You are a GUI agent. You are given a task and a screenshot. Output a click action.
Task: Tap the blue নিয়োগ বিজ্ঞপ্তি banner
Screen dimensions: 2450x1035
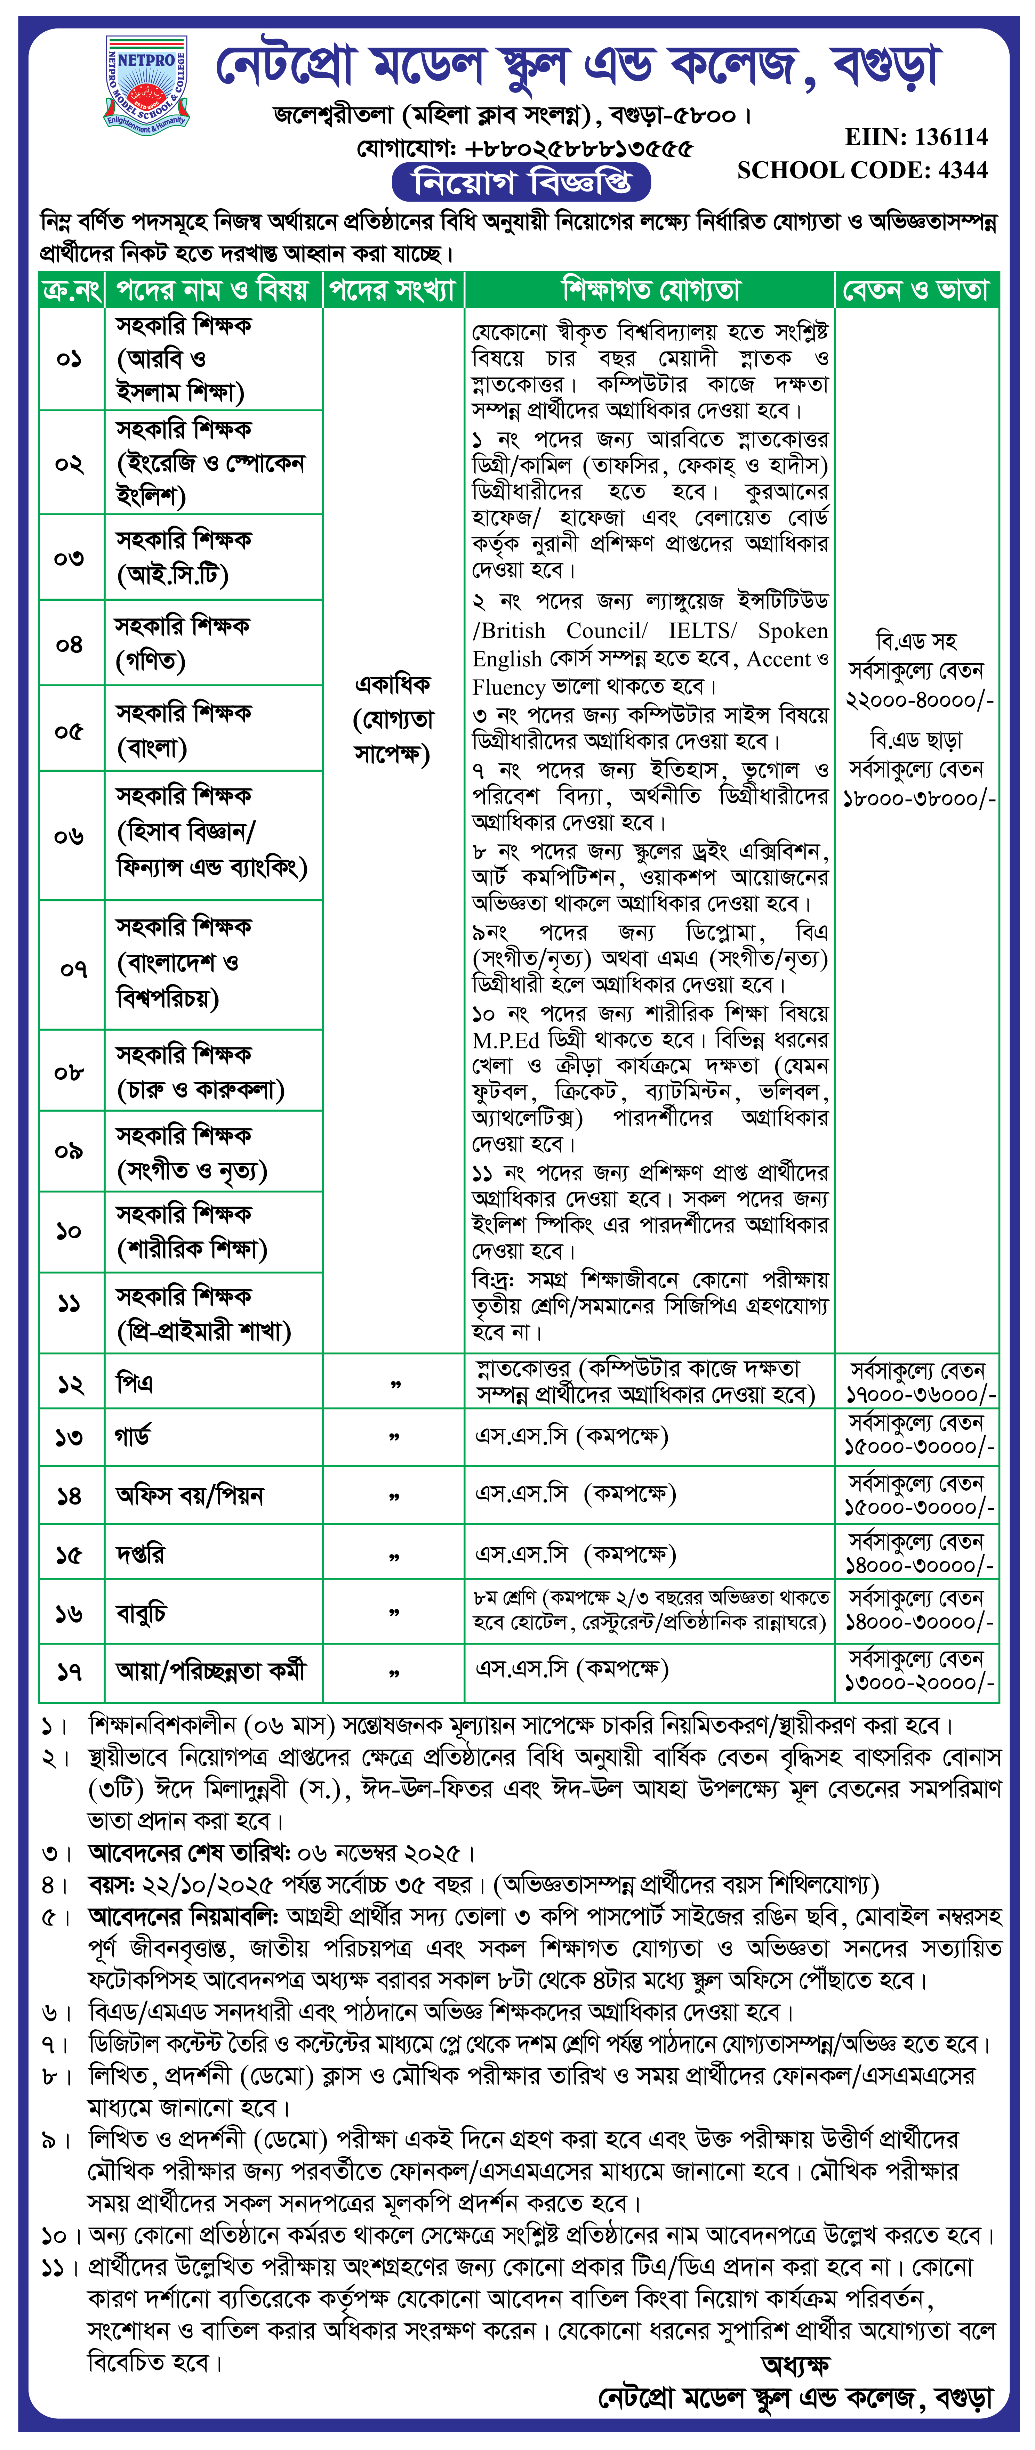(522, 182)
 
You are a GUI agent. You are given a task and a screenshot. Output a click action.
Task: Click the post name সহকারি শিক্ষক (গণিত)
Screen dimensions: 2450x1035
(183, 643)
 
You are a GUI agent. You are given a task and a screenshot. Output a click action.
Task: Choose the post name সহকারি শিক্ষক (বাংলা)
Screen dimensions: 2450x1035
(183, 730)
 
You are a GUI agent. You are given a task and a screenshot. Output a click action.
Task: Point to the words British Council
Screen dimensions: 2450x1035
(560, 631)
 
